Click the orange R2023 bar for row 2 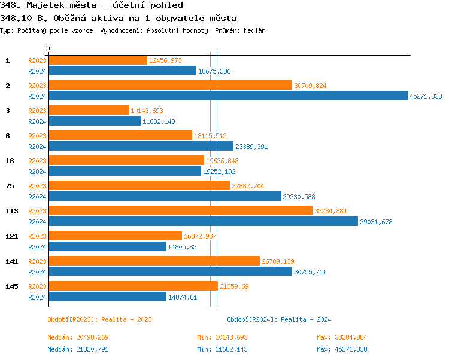click(170, 86)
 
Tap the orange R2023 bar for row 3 click(89, 111)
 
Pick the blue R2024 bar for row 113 click(203, 221)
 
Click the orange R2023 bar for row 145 click(133, 286)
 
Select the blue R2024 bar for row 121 click(107, 246)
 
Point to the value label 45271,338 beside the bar click(426, 96)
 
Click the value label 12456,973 click(165, 60)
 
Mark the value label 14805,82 click(182, 247)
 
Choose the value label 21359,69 click(234, 286)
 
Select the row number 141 click(11, 261)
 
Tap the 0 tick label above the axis click(48, 48)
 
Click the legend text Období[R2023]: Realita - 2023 click(99, 319)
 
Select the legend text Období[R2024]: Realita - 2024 click(279, 319)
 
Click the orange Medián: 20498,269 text click(78, 337)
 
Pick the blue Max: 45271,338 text click(342, 349)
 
